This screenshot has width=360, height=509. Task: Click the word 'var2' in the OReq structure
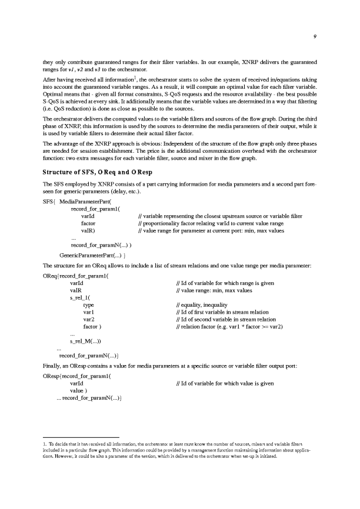(89, 319)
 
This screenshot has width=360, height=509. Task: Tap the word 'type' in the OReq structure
(89, 306)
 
